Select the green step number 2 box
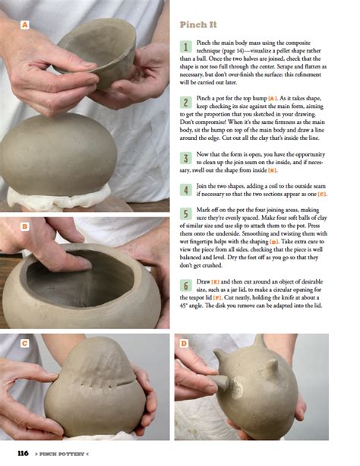185,102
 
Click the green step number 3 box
185,158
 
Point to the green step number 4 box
185,190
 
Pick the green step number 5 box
185,214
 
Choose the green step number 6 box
185,286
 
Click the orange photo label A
25,25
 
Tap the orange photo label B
25,226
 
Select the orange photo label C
25,343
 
